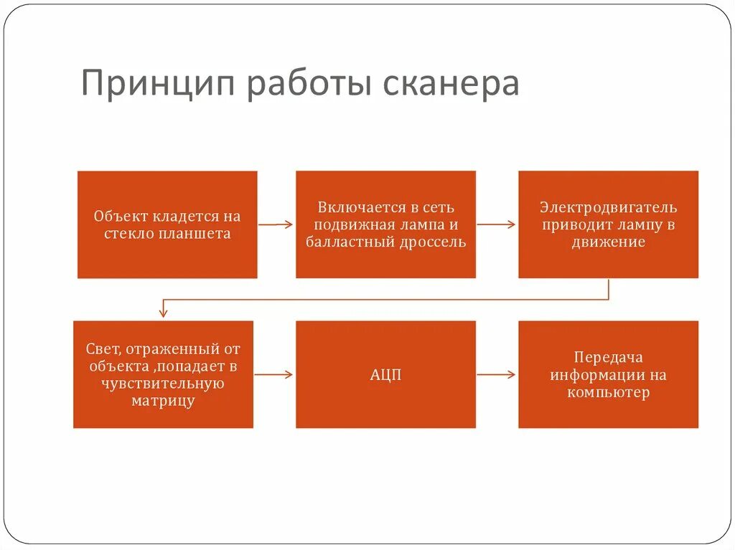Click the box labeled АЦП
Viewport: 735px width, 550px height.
385,374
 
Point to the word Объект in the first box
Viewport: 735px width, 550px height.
118,216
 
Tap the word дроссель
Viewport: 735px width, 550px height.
434,242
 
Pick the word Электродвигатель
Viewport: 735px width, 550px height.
608,207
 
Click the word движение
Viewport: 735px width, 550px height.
608,242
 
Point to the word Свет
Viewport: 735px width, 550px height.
100,349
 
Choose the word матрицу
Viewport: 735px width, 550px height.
163,400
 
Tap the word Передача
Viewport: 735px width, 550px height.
608,357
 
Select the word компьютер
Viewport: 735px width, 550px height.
608,392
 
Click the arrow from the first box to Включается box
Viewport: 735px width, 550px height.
276,224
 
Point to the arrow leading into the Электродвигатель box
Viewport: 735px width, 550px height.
496,224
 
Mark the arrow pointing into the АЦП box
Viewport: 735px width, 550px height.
273,374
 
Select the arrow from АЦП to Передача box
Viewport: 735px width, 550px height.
496,374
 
